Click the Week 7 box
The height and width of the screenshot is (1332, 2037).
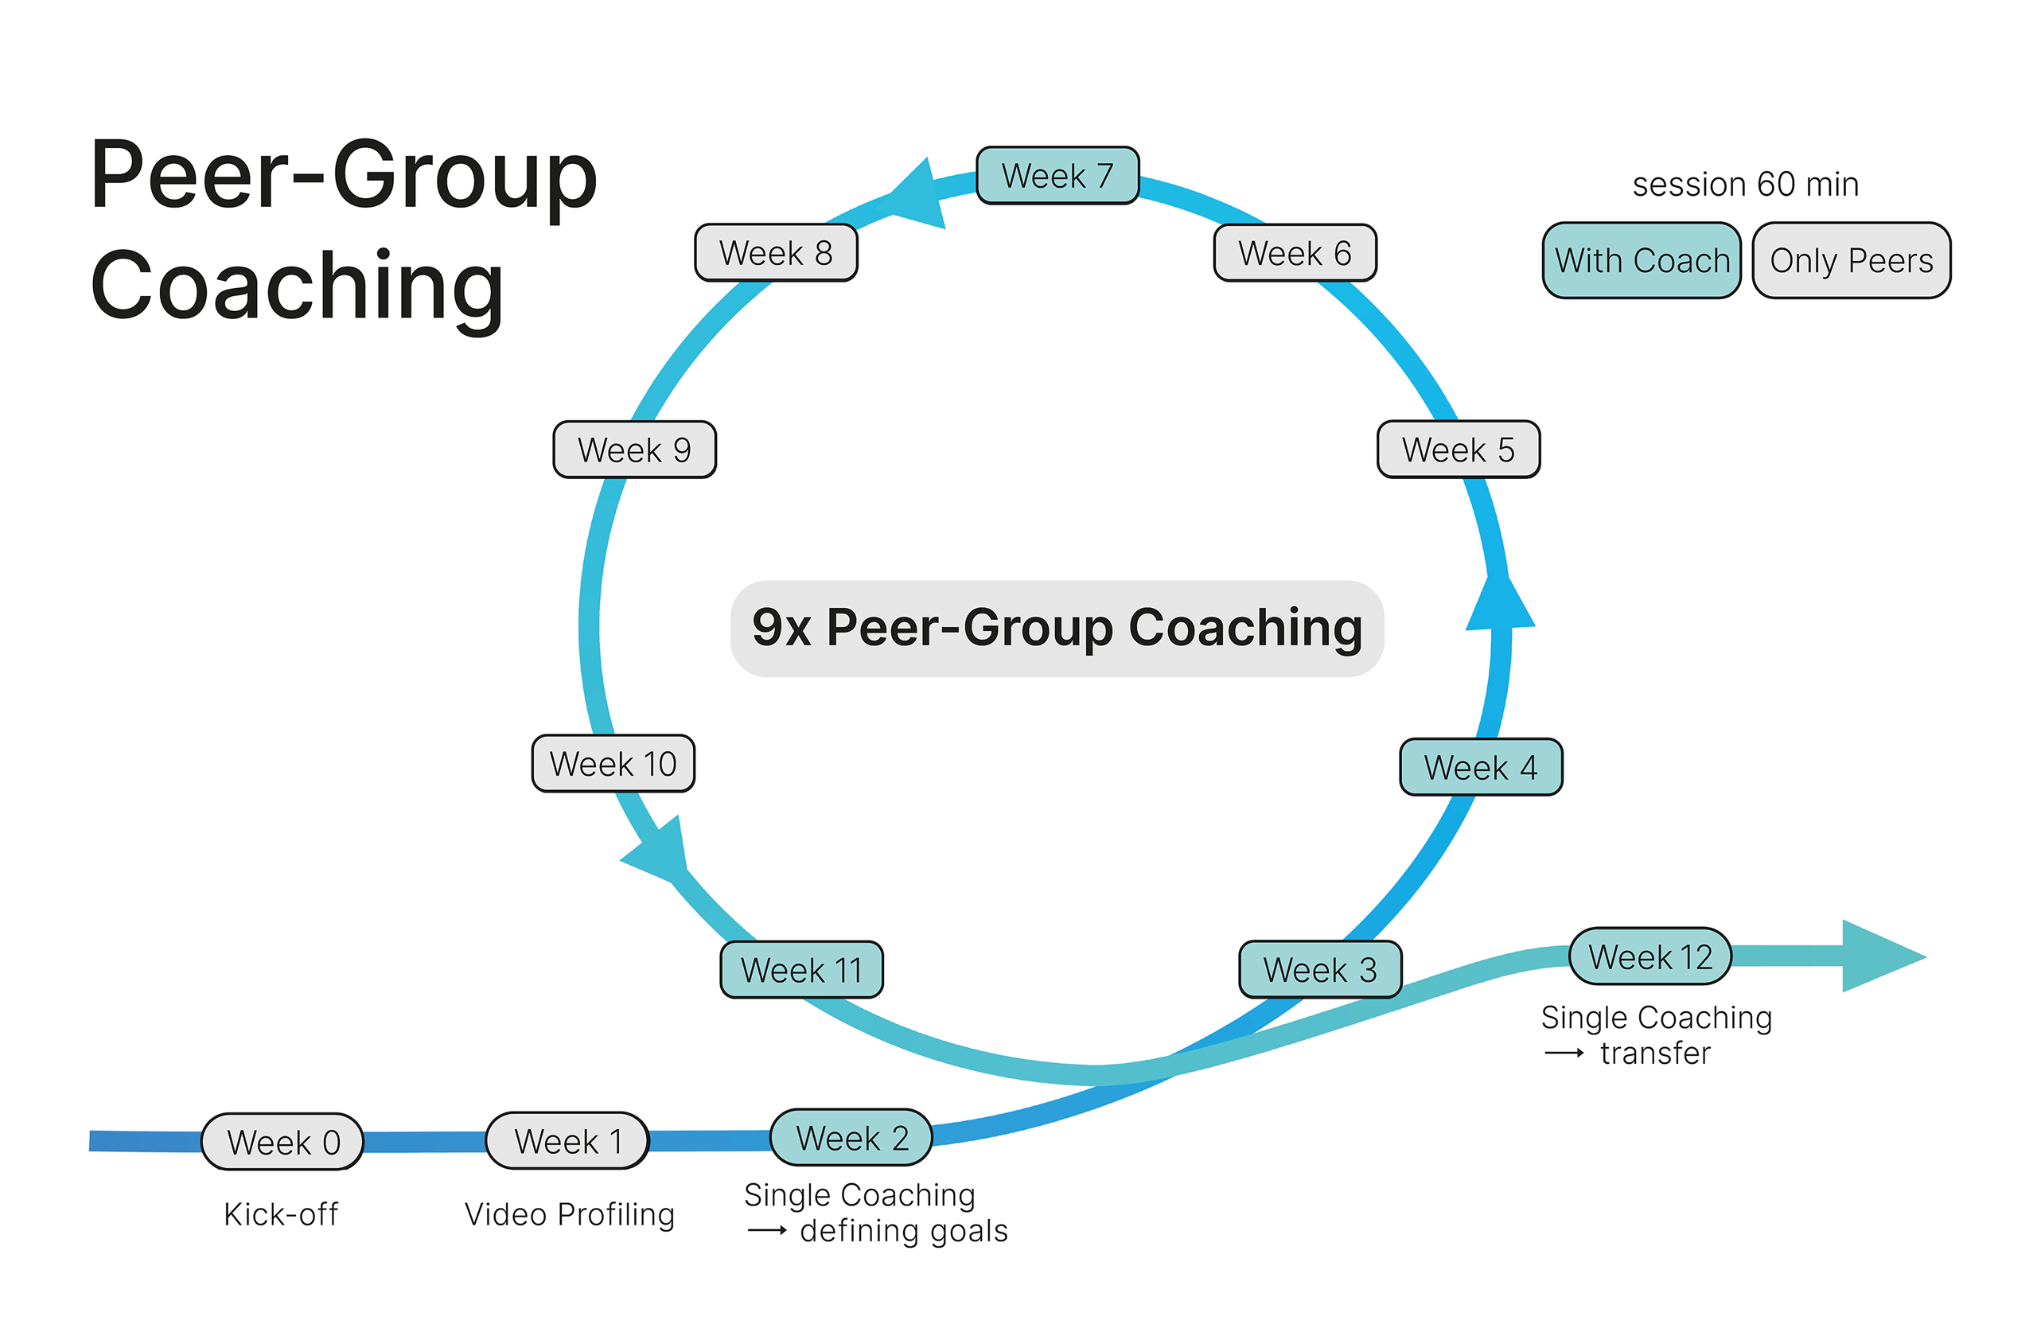click(x=1057, y=176)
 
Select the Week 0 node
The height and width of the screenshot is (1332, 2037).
click(x=282, y=1142)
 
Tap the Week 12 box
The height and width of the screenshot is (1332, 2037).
click(x=1649, y=956)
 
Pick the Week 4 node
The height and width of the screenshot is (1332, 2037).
click(x=1481, y=767)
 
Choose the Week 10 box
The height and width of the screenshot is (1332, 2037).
click(x=613, y=764)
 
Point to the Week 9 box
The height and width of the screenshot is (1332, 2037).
click(x=634, y=450)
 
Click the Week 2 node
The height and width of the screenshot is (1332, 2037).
click(x=851, y=1138)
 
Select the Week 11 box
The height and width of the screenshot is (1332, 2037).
click(x=801, y=970)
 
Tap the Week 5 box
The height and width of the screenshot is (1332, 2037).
click(x=1459, y=450)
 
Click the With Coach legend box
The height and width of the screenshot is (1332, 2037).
click(x=1642, y=260)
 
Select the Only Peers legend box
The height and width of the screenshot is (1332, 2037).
click(x=1852, y=260)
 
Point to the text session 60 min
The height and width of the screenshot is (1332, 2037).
click(x=1745, y=184)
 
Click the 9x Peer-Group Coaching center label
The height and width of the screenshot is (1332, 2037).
click(x=1057, y=629)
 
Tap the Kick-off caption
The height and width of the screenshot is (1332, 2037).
click(x=281, y=1214)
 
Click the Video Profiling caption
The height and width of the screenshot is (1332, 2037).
click(x=569, y=1214)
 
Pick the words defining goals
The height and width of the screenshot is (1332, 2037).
click(x=904, y=1231)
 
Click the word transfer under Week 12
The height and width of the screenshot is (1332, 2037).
click(x=1655, y=1053)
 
